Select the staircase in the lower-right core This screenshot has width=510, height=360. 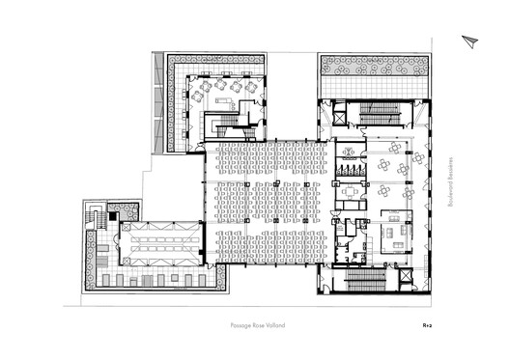click(367, 280)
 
